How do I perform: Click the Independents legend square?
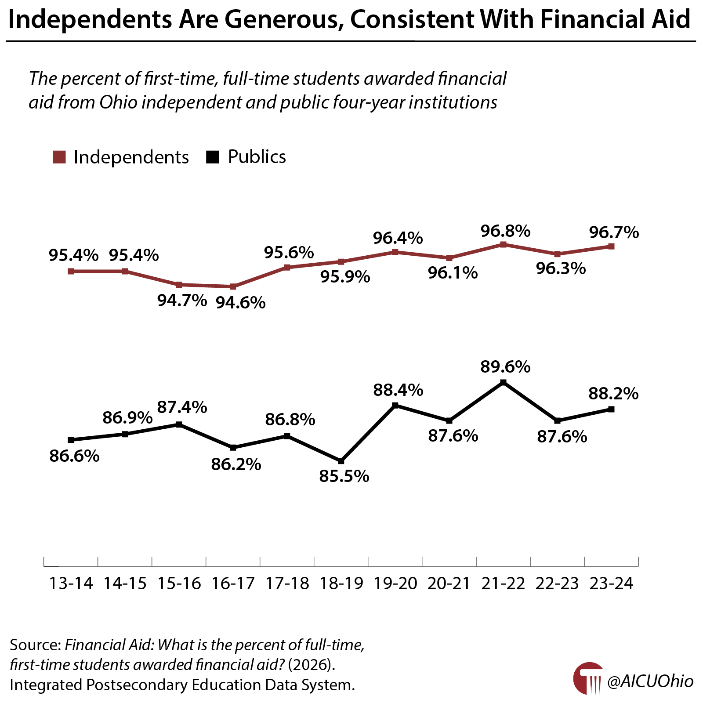pos(59,157)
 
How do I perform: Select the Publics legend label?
pos(257,157)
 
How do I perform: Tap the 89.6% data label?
pos(505,366)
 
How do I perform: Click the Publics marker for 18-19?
pos(341,461)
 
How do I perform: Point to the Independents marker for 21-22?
pos(503,244)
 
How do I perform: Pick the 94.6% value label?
pos(241,303)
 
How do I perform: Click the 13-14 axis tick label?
pos(71,583)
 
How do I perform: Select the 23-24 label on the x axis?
pos(611,583)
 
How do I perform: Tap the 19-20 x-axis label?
pos(395,583)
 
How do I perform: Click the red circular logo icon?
pos(588,678)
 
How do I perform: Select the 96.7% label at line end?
pos(614,232)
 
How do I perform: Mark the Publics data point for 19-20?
pos(395,405)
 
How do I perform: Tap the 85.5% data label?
pos(344,476)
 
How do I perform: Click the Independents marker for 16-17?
pos(233,286)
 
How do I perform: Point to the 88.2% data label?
pos(613,394)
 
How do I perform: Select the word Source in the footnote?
pos(35,645)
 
